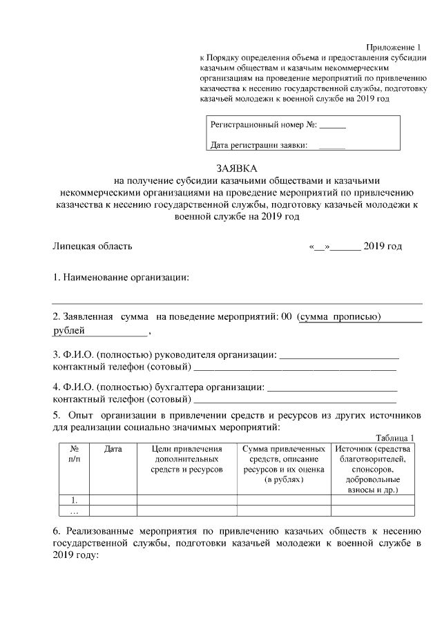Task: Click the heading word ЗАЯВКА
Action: [236, 168]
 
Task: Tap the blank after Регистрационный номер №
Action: [333, 128]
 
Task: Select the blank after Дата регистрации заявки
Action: [331, 146]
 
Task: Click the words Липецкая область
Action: [93, 246]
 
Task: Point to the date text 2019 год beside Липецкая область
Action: [383, 246]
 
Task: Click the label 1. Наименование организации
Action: [122, 278]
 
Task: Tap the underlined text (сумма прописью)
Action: [339, 316]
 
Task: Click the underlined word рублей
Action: [70, 331]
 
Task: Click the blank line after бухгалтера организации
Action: [332, 386]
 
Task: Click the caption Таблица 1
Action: [394, 438]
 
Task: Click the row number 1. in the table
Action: [74, 500]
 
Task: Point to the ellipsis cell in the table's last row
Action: [74, 511]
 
